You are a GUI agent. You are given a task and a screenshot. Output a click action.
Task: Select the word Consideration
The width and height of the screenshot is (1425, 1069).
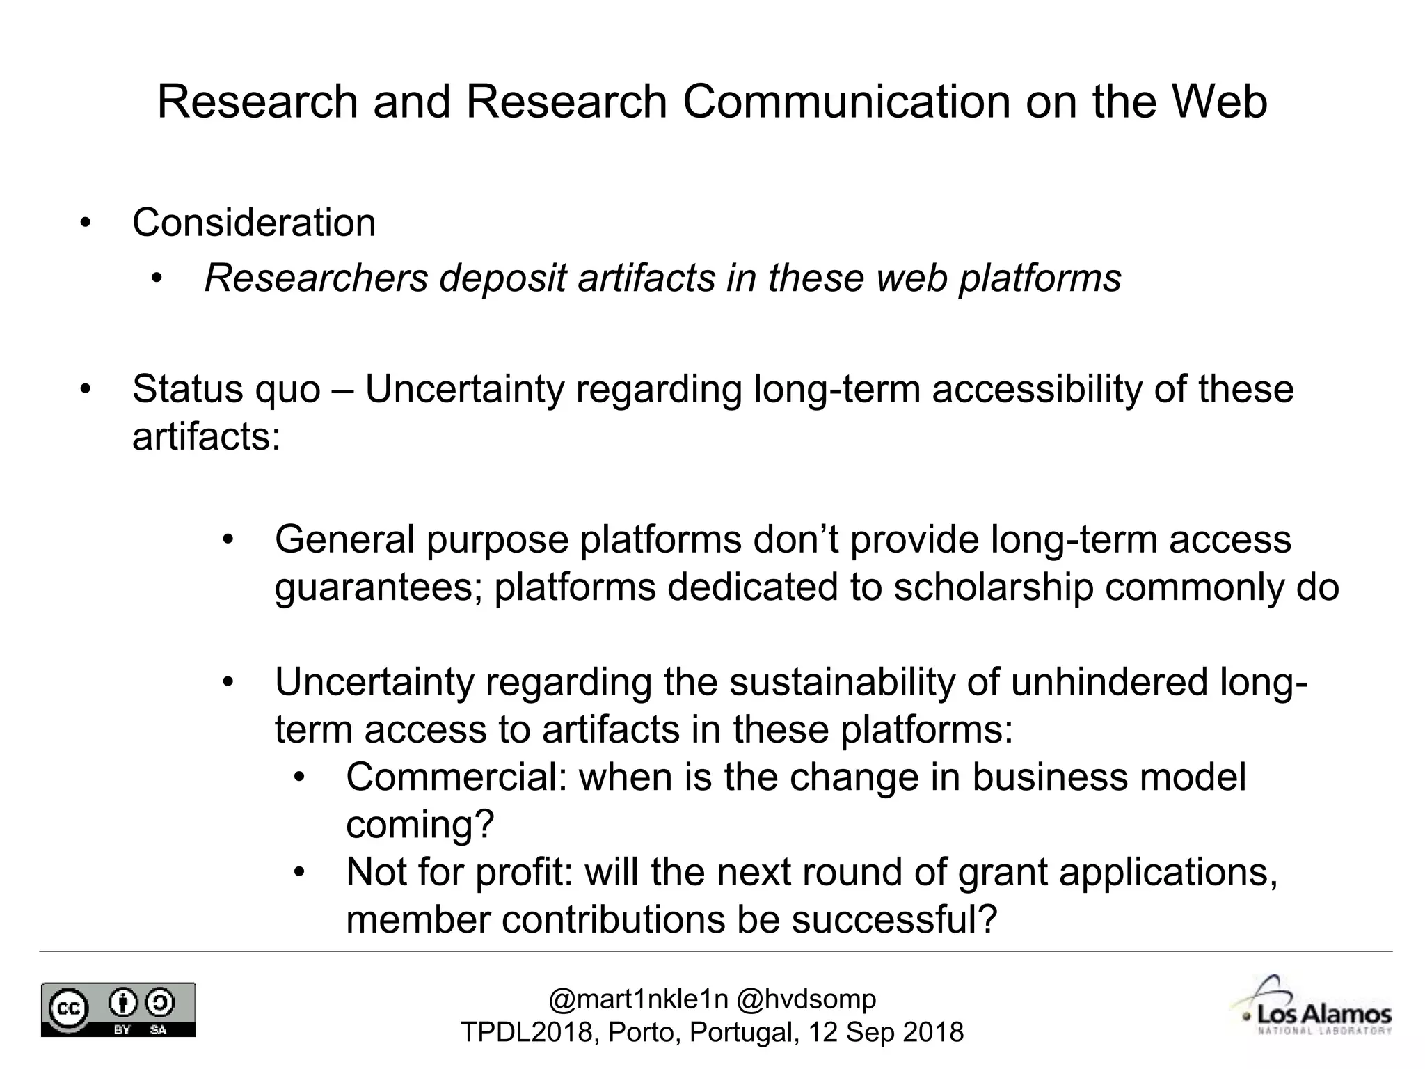click(254, 223)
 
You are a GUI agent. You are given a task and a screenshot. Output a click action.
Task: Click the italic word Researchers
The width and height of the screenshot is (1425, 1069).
click(316, 278)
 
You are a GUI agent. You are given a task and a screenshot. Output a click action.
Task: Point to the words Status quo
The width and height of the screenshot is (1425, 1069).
click(226, 389)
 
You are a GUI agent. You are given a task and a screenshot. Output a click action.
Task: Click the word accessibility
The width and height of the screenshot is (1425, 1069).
click(1037, 389)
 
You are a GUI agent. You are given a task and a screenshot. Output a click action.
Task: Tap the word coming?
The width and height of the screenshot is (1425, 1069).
click(420, 825)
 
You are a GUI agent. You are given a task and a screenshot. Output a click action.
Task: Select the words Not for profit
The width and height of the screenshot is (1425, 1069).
click(459, 872)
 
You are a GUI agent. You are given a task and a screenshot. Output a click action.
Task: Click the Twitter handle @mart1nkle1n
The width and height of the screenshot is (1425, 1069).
click(638, 999)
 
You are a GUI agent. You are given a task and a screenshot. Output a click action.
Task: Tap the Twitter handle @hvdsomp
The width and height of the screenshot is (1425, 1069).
click(806, 999)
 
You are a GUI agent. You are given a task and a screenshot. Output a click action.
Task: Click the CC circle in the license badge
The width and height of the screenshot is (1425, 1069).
click(67, 1008)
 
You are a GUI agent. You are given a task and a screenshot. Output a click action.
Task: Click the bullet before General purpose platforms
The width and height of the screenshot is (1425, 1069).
click(229, 540)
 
